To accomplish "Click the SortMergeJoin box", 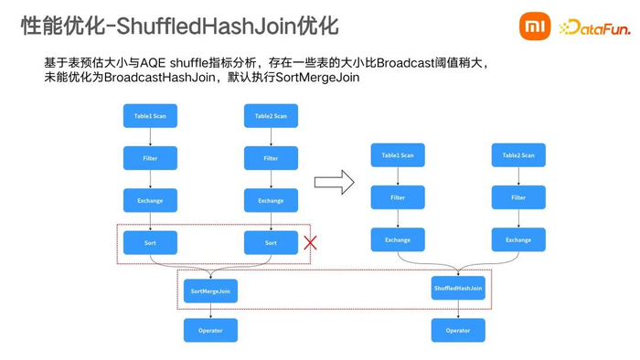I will [210, 291].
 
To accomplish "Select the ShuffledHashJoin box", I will [458, 288].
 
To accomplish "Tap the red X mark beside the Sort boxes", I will [310, 243].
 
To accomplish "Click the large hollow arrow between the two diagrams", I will [334, 182].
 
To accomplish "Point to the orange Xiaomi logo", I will [535, 26].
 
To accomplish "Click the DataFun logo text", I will [596, 28].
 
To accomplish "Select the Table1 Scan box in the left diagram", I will [150, 116].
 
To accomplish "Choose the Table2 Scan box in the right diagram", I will [518, 155].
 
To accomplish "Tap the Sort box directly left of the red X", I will [271, 243].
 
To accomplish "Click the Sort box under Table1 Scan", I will [150, 243].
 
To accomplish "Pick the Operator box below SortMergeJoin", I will [210, 330].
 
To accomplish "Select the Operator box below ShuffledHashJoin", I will [458, 330].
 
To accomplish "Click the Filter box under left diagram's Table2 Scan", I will [271, 158].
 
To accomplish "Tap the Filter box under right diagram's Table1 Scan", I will [398, 197].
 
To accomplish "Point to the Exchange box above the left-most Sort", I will [150, 200].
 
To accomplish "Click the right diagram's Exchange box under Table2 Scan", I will [518, 240].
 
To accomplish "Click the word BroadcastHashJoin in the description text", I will [155, 78].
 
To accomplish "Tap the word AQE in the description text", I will [153, 62].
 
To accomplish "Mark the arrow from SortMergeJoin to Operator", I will [210, 311].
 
